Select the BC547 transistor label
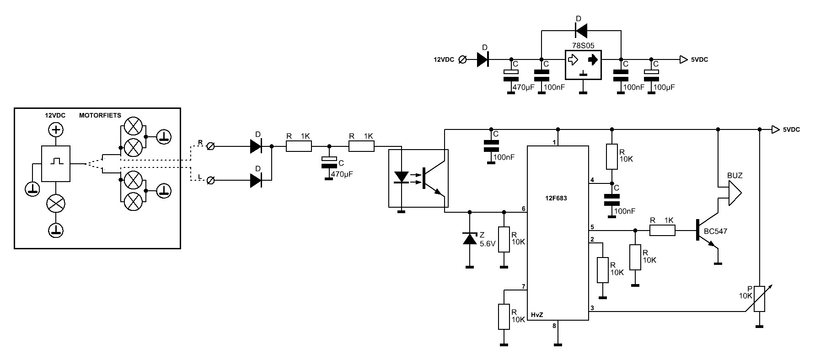715,231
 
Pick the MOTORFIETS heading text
100,115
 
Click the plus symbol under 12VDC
56,130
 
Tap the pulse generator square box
56,163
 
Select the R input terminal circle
210,146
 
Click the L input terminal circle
210,181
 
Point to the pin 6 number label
523,209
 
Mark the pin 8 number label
554,326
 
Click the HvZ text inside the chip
536,315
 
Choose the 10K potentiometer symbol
759,299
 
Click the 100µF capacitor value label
664,87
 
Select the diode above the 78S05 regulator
581,31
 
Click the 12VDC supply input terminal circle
462,59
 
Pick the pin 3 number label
592,308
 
